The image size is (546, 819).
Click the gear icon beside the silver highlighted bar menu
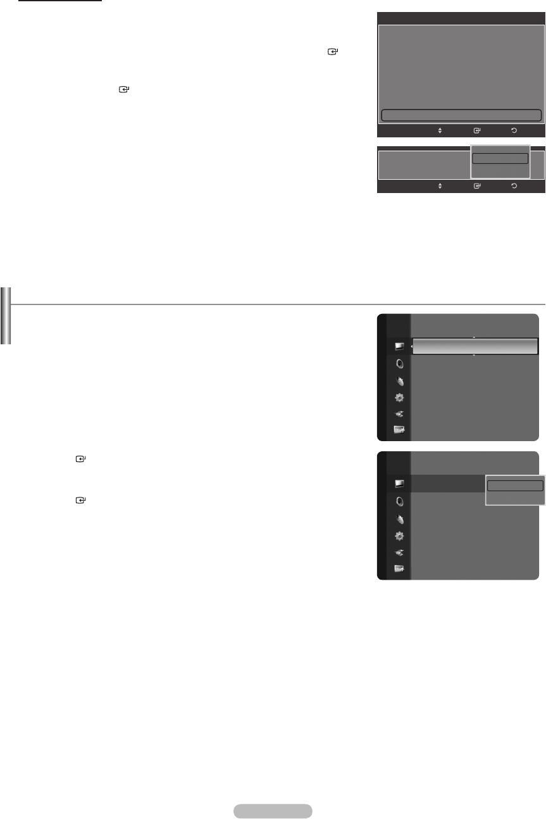[x=399, y=397]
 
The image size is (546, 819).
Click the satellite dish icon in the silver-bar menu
[x=399, y=382]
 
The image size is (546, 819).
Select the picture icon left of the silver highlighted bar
[x=399, y=346]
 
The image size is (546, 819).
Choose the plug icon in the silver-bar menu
[x=399, y=414]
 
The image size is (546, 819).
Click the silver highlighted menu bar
[x=475, y=346]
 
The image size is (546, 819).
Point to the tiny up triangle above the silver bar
[x=474, y=337]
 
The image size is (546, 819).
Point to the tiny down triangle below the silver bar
[x=474, y=355]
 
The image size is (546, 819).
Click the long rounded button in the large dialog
[x=461, y=115]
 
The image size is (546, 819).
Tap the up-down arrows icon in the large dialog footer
[x=440, y=131]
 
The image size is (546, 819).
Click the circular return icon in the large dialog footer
[x=513, y=131]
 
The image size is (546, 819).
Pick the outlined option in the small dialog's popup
[x=500, y=158]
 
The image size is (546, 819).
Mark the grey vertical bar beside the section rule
[x=5, y=316]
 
